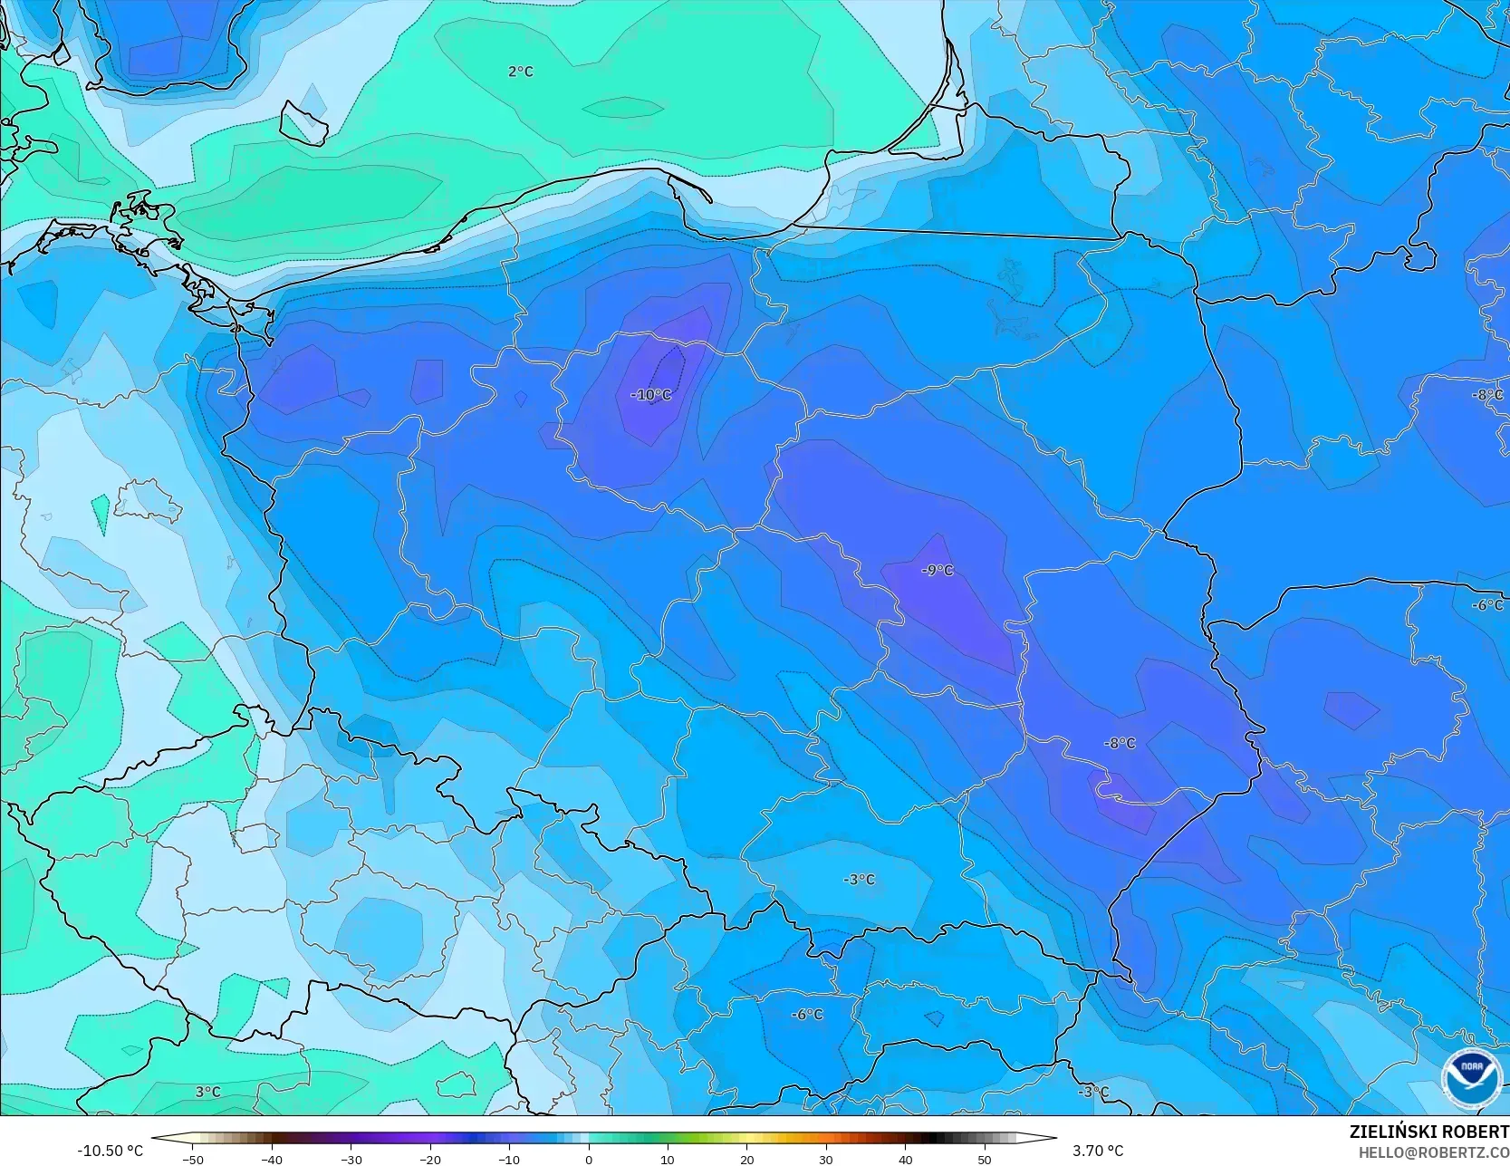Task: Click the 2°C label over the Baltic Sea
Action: pyautogui.click(x=521, y=72)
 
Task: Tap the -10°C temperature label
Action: pyautogui.click(x=651, y=395)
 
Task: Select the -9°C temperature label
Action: pyautogui.click(x=938, y=570)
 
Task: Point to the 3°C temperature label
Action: pyautogui.click(x=208, y=1092)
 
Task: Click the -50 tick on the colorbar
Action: pyautogui.click(x=192, y=1159)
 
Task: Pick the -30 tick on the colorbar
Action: pyautogui.click(x=351, y=1159)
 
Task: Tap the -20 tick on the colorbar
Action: pyautogui.click(x=430, y=1159)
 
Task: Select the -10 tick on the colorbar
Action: pyautogui.click(x=509, y=1159)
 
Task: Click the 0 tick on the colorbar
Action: pyautogui.click(x=589, y=1159)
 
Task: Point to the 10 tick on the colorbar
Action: pyautogui.click(x=668, y=1159)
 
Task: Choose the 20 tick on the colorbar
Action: pyautogui.click(x=746, y=1159)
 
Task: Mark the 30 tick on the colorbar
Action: pyautogui.click(x=826, y=1159)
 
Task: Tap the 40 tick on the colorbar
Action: pyautogui.click(x=905, y=1159)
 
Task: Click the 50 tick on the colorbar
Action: pyautogui.click(x=985, y=1159)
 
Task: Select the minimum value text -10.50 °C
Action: pyautogui.click(x=111, y=1151)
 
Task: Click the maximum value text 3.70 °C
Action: pyautogui.click(x=1098, y=1151)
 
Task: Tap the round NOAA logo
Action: pyautogui.click(x=1471, y=1077)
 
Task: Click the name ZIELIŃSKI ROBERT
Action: pyautogui.click(x=1428, y=1132)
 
